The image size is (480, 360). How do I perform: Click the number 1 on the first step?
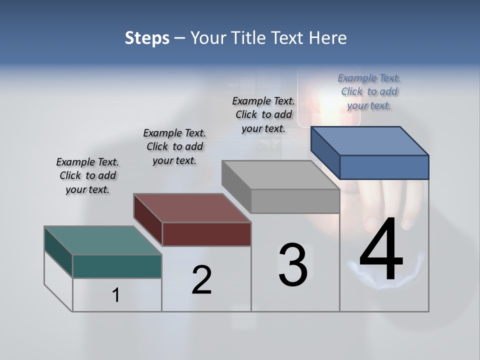tap(116, 295)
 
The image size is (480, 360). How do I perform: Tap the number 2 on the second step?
tap(201, 280)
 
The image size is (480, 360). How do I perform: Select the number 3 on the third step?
tap(293, 265)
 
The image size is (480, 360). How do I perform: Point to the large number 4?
tap(381, 250)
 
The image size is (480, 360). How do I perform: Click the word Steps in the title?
tap(147, 38)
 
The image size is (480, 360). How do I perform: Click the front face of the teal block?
tap(117, 266)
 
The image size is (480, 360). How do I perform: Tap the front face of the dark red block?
tap(206, 234)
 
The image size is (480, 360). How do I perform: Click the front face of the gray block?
tap(295, 201)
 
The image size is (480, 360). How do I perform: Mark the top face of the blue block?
tap(370, 141)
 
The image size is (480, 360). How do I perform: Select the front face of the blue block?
tap(384, 167)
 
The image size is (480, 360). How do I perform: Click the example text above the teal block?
tap(87, 175)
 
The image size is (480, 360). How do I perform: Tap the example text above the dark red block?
tap(174, 146)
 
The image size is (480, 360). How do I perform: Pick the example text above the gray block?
tap(263, 114)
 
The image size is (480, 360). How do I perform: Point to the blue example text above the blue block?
tap(369, 91)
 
